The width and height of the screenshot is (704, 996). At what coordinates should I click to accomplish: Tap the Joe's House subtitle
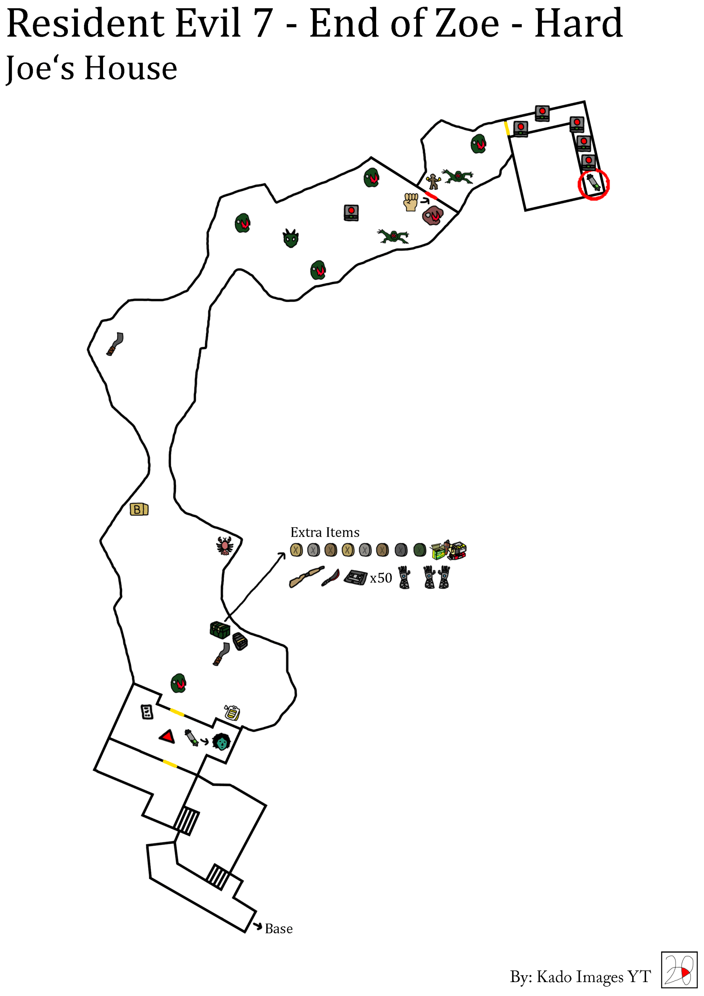(92, 69)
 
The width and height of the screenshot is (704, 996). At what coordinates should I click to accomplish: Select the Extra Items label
(325, 532)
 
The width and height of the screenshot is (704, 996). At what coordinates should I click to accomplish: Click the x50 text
(381, 578)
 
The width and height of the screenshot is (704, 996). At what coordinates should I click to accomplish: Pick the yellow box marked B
(139, 509)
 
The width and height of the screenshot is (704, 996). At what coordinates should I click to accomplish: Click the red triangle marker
(167, 736)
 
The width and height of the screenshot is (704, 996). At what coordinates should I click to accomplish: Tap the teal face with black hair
(221, 741)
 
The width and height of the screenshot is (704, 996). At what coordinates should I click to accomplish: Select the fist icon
(410, 202)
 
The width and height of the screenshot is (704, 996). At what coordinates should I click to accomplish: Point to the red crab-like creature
(225, 546)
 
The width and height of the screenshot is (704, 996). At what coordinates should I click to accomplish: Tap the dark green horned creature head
(291, 238)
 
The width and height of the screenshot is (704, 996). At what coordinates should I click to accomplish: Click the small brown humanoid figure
(433, 181)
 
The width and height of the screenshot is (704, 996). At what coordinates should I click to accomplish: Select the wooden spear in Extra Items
(306, 577)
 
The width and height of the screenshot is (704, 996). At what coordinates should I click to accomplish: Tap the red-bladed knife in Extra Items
(330, 578)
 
